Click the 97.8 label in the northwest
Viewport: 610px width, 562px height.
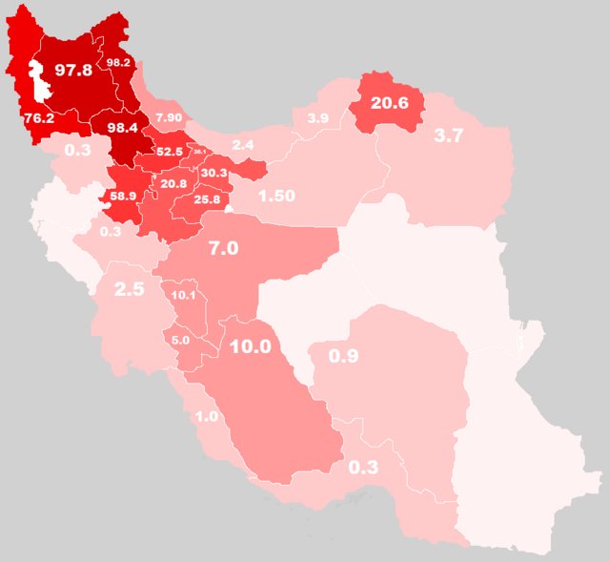[71, 70]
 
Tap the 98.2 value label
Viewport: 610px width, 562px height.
[119, 63]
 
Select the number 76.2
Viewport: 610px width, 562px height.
[38, 119]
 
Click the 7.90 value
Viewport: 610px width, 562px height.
[169, 117]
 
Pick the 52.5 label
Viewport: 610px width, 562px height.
[169, 151]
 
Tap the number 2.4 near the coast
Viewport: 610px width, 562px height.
[242, 144]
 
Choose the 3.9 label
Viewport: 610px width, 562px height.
[317, 117]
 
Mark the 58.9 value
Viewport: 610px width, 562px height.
[123, 197]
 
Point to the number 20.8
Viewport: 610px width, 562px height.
[174, 183]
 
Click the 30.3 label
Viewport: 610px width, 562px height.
[214, 173]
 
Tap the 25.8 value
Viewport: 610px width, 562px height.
[207, 200]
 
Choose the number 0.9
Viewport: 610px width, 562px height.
[343, 356]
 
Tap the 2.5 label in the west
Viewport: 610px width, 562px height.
[129, 289]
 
